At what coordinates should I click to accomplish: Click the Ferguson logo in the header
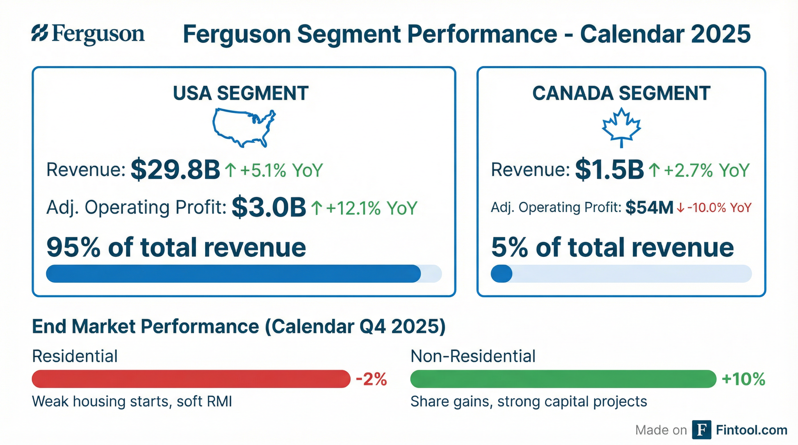(x=88, y=34)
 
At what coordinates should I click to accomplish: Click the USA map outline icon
(x=244, y=127)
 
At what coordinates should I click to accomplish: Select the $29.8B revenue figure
(x=175, y=170)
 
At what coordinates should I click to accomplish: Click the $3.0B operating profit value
(x=269, y=207)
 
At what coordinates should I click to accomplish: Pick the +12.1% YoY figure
(x=371, y=208)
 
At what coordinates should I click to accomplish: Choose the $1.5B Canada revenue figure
(x=609, y=170)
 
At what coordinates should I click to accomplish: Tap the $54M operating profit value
(x=649, y=208)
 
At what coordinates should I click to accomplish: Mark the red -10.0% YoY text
(x=719, y=208)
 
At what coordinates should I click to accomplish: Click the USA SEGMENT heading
(x=241, y=93)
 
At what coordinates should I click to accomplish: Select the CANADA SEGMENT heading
(x=621, y=93)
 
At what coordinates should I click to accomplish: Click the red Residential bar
(x=191, y=379)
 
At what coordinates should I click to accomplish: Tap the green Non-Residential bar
(x=563, y=379)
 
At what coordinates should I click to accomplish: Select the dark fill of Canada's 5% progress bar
(x=501, y=273)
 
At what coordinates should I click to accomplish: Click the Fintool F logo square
(x=702, y=430)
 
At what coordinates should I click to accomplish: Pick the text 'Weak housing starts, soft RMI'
(x=132, y=402)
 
